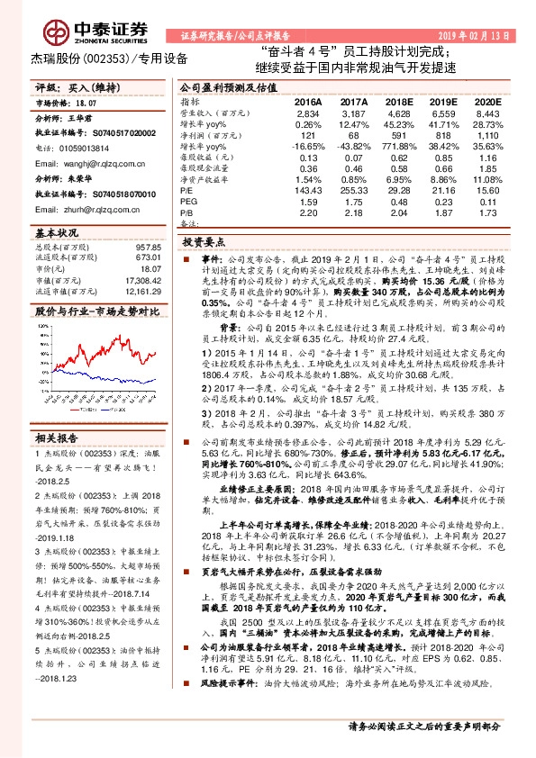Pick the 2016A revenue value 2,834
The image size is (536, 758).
tap(308, 114)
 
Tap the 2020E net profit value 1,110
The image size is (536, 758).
tap(486, 134)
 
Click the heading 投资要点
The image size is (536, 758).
tap(204, 242)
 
